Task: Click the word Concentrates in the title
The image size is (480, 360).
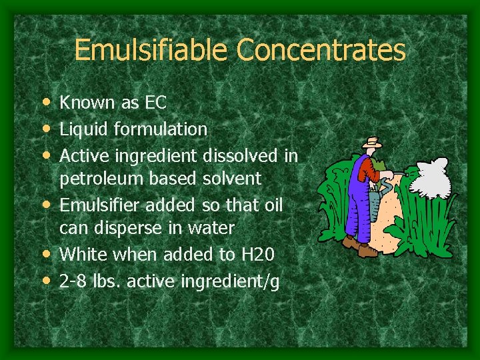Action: tap(321, 50)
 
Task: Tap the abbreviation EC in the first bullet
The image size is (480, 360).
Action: tap(154, 103)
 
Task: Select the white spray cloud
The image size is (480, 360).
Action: tap(433, 174)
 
